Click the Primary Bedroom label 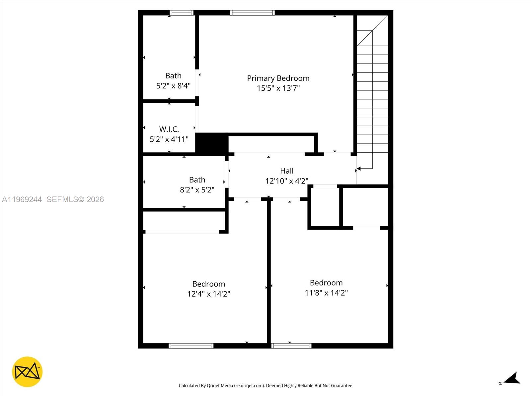point(278,78)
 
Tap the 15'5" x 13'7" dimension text point(278,88)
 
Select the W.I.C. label point(169,129)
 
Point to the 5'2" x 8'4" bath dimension point(173,86)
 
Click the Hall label point(287,171)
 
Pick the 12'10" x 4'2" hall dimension point(287,181)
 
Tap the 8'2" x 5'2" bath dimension point(197,190)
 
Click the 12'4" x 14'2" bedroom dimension point(208,294)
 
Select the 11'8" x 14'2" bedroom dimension point(326,293)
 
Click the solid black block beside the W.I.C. point(211,143)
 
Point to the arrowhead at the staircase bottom point(359,169)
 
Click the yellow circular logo point(27,372)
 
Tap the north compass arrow point(512,379)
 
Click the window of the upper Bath point(182,13)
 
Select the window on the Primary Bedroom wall point(252,13)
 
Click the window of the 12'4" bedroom point(191,346)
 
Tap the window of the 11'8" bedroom point(291,346)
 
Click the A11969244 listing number point(22,199)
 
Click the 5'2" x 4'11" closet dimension point(169,139)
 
